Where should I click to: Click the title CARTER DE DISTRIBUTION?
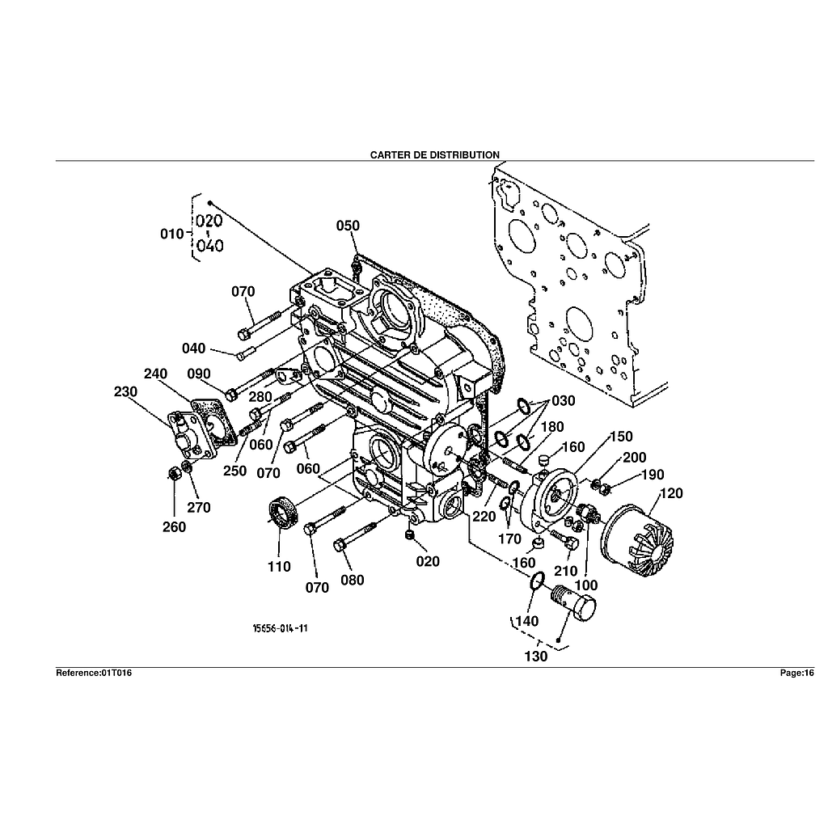pos(434,154)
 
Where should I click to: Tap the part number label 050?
pos(348,226)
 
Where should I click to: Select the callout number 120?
pos(672,493)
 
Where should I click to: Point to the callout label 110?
pos(279,567)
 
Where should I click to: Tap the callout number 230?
pos(125,391)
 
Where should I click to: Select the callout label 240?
pos(155,374)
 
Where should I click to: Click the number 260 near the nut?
pos(174,527)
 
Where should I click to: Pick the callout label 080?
pos(352,580)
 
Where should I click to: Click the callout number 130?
pos(536,657)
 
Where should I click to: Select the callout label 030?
pos(563,401)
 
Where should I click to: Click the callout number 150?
pos(621,437)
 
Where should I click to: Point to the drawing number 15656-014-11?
pos(280,628)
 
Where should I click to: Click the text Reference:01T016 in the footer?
pos(93,673)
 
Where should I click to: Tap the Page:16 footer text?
pos(796,673)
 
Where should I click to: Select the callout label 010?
pos(172,234)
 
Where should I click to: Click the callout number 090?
pos(198,374)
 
